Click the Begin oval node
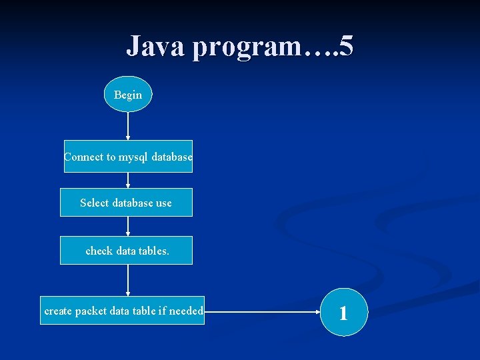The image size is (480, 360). tap(128, 94)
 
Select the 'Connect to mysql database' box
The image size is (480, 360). tap(128, 157)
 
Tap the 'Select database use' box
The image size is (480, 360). tap(126, 203)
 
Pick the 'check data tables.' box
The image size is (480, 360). tap(126, 251)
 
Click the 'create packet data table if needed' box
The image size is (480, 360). tap(123, 311)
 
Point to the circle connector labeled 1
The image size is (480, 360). tap(343, 312)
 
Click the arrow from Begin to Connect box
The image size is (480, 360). tap(128, 125)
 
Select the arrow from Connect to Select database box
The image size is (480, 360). tap(128, 181)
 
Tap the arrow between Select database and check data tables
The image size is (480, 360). tap(128, 226)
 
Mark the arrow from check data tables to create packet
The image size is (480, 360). tap(128, 280)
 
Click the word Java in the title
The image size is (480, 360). tap(155, 47)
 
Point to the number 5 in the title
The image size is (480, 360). tap(346, 47)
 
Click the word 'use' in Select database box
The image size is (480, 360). tap(163, 203)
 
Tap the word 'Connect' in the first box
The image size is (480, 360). tap(83, 157)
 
